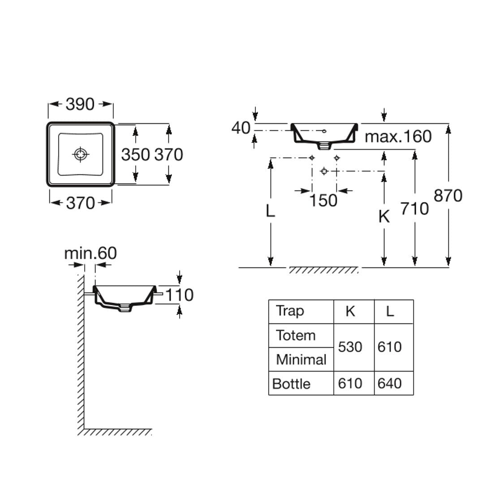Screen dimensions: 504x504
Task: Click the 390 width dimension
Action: click(80, 104)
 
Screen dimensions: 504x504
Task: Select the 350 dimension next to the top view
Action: click(135, 155)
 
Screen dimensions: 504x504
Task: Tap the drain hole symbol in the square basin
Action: click(80, 155)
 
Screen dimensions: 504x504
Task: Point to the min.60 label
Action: click(90, 253)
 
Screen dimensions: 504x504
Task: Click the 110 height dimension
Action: click(180, 295)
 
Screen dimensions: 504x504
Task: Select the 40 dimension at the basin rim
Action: click(241, 128)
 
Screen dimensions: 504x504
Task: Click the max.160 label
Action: click(398, 136)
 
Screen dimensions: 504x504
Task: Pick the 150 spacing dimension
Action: click(323, 200)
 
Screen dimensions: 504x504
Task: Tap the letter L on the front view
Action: click(270, 210)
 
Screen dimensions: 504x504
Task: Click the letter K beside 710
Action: click(384, 216)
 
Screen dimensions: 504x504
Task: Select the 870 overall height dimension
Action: click(448, 196)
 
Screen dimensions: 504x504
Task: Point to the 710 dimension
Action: click(414, 208)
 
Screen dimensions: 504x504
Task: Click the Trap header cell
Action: click(290, 311)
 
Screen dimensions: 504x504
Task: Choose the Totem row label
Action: click(296, 335)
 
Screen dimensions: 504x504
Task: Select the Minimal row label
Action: click(301, 359)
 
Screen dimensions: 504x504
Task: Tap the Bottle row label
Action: click(291, 384)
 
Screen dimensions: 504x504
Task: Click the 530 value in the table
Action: click(350, 347)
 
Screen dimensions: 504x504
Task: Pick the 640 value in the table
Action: click(389, 383)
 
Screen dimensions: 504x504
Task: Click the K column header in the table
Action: click(350, 311)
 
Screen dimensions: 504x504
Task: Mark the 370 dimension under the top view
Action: click(80, 203)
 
